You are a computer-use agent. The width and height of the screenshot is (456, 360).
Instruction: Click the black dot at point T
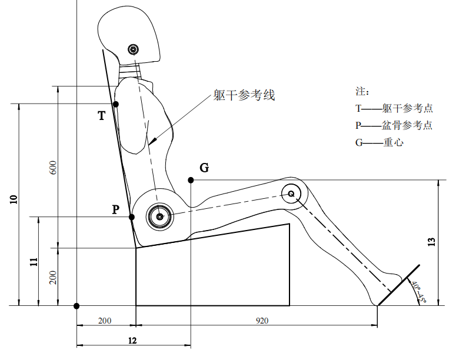116,104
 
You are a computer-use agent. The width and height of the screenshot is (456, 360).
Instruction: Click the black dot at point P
131,217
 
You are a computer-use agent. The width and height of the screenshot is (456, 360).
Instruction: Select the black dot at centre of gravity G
191,180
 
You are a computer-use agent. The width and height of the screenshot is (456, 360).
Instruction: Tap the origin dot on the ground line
76,306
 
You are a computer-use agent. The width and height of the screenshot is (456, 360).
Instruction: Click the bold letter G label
204,168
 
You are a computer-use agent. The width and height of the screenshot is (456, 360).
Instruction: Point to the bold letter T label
101,116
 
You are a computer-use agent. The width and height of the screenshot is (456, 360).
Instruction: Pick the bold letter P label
116,209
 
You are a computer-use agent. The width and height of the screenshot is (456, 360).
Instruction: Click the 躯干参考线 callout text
244,95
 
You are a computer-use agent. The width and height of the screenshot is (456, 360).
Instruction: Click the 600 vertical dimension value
53,168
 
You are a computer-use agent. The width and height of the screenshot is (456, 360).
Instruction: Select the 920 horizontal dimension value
262,321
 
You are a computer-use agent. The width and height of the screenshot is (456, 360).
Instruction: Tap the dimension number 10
14,199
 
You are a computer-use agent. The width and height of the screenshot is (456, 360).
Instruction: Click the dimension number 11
34,262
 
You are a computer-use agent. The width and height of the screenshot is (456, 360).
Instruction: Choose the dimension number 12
132,341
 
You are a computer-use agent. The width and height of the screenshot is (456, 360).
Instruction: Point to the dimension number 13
432,242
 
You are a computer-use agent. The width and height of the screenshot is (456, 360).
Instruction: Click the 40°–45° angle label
419,292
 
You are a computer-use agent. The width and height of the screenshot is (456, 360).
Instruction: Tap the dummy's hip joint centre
159,216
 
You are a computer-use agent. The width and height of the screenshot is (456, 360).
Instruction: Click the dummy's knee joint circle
291,194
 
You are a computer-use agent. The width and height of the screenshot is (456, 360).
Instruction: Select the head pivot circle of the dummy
133,49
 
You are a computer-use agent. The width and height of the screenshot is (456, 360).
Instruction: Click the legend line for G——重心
380,142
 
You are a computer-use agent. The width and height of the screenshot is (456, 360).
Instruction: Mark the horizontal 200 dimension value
105,321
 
